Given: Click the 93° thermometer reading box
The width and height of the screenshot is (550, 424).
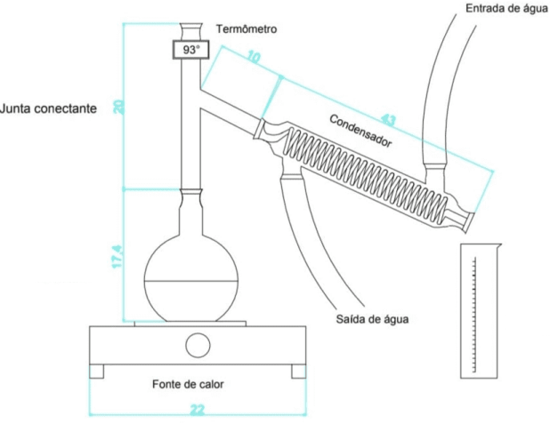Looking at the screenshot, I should tap(191, 51).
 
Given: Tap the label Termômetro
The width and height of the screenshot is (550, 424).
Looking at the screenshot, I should tap(247, 29).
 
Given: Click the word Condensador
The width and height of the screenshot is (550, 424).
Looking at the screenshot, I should tap(360, 130).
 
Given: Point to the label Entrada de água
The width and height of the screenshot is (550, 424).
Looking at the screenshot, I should tap(500, 8).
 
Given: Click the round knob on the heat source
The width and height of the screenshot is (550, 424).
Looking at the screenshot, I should tap(198, 343).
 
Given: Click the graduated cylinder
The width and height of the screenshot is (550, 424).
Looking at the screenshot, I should tap(481, 311).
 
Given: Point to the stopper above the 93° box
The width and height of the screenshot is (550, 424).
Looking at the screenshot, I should tap(191, 28).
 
